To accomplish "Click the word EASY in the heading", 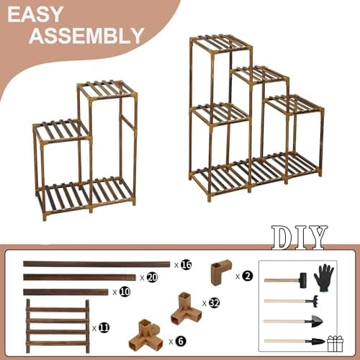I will (x=44, y=15).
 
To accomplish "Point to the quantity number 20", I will (x=152, y=277).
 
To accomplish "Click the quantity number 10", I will (x=125, y=292).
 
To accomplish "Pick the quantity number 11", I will (x=104, y=328).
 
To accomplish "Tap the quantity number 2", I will (x=247, y=275).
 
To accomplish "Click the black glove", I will (x=324, y=277).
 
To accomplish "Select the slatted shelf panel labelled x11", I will (x=58, y=325).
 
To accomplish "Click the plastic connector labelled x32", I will (x=185, y=308).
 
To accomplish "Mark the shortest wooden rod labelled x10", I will (x=66, y=292).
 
